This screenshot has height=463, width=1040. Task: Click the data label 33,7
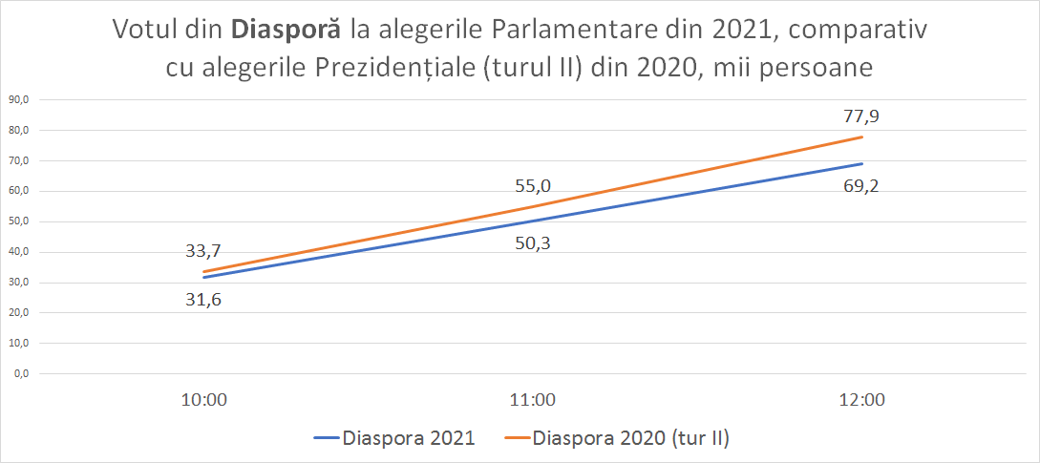pos(204,251)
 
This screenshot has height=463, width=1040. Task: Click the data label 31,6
pos(204,299)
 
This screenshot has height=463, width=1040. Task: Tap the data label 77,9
pos(862,116)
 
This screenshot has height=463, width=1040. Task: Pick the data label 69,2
pos(862,186)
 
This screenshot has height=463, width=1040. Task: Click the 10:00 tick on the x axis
pos(204,402)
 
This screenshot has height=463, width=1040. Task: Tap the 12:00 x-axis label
pos(862,402)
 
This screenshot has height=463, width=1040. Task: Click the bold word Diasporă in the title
pos(287,30)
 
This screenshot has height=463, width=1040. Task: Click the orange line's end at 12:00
pos(862,137)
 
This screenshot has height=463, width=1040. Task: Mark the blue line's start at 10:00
pos(204,278)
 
